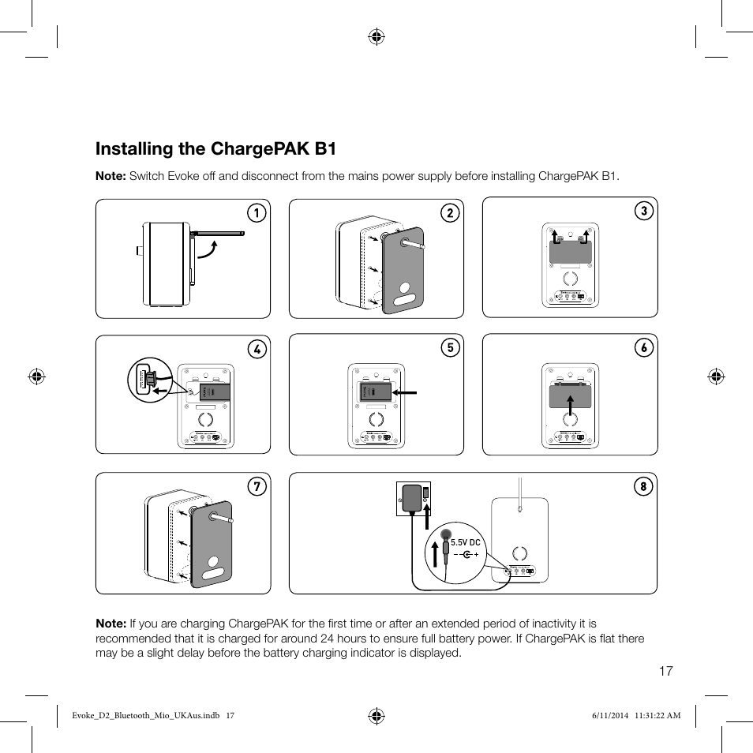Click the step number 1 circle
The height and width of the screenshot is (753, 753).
pos(256,213)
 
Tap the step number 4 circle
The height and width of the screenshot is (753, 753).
pos(256,348)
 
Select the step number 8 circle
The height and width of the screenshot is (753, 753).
pos(642,486)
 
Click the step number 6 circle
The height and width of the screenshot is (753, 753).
pos(643,348)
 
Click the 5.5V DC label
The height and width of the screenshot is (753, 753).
pos(465,543)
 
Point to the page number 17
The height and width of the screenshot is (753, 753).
pos(665,671)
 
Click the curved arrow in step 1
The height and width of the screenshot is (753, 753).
pos(208,249)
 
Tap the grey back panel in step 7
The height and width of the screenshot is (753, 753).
pos(211,545)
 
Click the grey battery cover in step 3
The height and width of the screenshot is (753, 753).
pos(571,253)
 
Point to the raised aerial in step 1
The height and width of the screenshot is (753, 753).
pos(218,234)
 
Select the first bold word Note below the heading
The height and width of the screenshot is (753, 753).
pos(111,175)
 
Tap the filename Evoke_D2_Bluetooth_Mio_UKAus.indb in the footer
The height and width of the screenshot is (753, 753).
pos(140,716)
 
